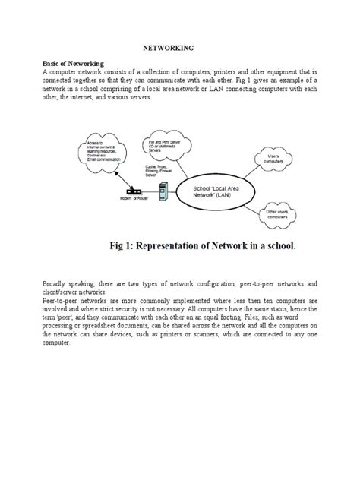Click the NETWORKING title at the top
pyautogui.click(x=179, y=47)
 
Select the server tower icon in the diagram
pyautogui.click(x=162, y=191)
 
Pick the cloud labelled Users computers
pyautogui.click(x=273, y=159)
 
